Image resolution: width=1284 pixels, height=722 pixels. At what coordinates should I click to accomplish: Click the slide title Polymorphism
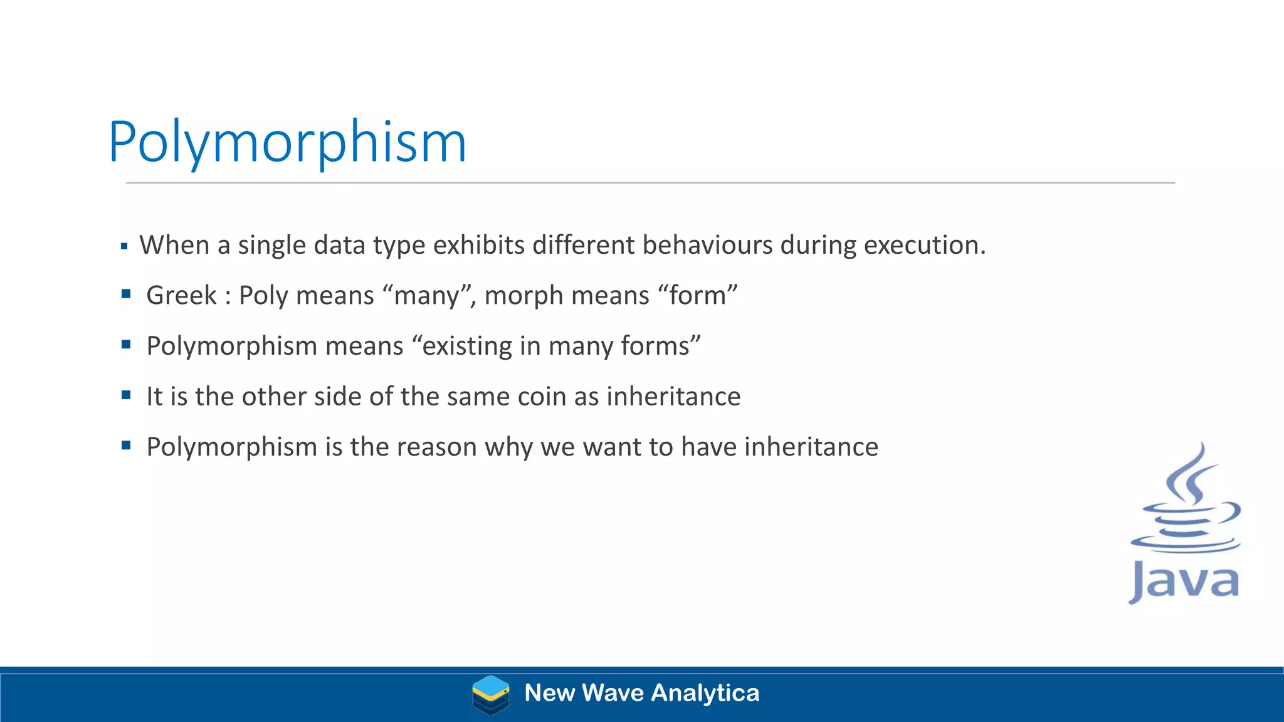[287, 143]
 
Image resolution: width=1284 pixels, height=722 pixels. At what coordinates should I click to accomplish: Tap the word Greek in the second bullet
[181, 295]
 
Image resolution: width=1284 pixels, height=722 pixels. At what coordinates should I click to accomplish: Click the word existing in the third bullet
[467, 346]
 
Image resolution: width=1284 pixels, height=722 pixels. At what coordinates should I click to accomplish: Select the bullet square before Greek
[126, 293]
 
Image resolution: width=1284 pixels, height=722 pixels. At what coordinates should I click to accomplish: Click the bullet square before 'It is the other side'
[126, 395]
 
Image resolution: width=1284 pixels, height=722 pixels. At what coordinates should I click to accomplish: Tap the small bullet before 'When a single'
[124, 246]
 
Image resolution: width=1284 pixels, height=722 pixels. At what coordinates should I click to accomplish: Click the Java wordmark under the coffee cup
[1184, 582]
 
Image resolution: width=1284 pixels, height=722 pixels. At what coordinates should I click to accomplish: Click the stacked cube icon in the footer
[490, 694]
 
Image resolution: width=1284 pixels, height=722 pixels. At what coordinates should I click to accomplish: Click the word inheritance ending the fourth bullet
[673, 397]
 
